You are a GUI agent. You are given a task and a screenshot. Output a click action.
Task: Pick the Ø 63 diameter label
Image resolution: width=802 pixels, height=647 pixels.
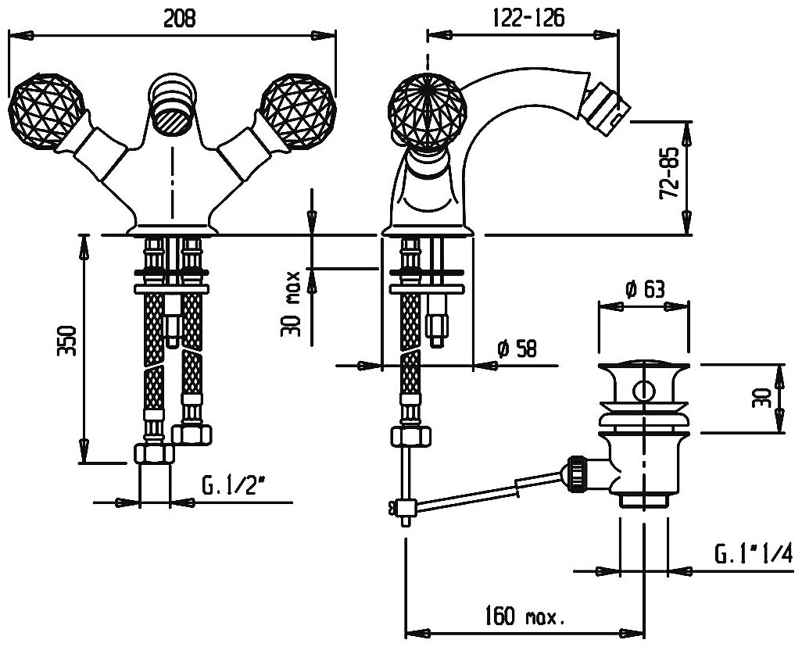[x=645, y=290]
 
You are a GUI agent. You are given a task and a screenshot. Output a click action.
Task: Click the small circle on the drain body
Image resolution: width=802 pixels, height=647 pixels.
[x=643, y=391]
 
